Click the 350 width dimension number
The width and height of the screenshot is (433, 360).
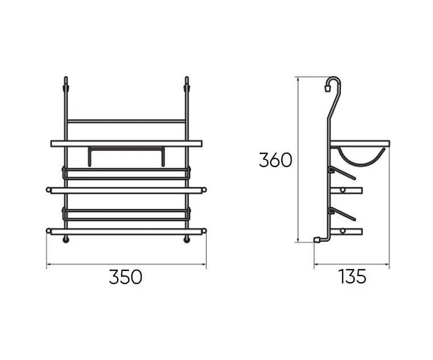(x=126, y=277)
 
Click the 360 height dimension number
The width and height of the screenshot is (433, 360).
(x=276, y=160)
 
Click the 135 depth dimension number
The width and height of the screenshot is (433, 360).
(x=352, y=277)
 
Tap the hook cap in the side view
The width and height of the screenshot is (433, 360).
(x=327, y=89)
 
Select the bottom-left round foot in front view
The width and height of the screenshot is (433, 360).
(x=66, y=240)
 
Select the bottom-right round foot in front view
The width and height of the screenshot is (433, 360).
(x=187, y=240)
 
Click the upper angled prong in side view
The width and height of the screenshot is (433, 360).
(x=342, y=173)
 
